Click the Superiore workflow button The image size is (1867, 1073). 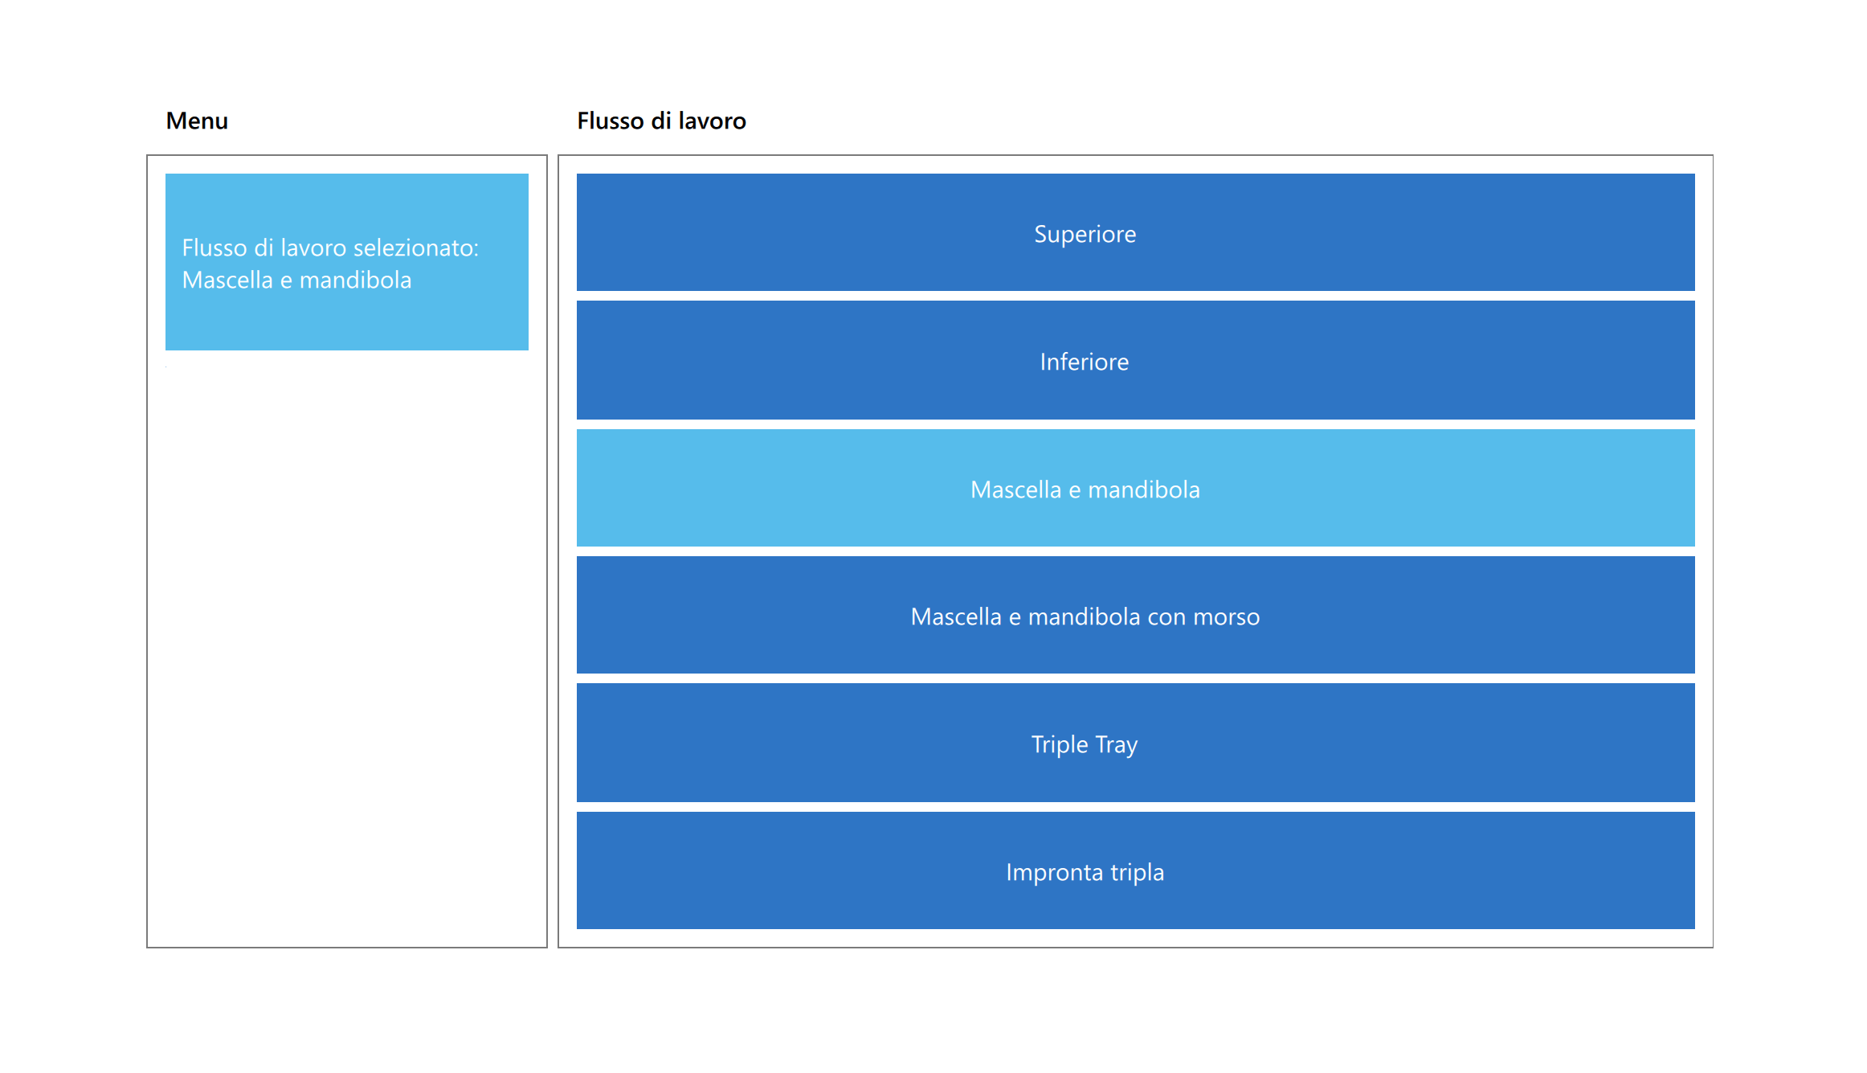tap(1135, 232)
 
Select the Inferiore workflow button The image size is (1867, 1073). tap(1135, 360)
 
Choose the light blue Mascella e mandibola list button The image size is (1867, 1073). tap(1135, 488)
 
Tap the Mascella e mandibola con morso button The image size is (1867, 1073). tap(1135, 615)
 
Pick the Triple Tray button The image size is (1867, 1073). tap(1135, 743)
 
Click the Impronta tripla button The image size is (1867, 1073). tap(1135, 870)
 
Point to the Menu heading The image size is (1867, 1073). tap(197, 121)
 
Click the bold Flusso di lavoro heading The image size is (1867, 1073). tap(661, 121)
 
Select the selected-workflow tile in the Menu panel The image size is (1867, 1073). tap(347, 262)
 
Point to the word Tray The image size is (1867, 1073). tap(1117, 745)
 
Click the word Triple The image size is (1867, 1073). tap(1060, 745)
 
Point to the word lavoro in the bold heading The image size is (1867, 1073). tap(713, 121)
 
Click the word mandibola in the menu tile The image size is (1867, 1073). tap(355, 280)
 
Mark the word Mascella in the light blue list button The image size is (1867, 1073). tap(1016, 489)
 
